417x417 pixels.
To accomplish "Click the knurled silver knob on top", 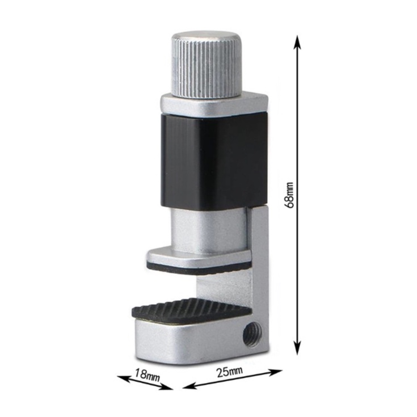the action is tap(207, 65).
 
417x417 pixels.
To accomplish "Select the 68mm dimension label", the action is tap(289, 195).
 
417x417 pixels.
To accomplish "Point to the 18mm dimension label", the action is tap(148, 374).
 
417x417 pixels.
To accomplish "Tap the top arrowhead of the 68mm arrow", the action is tap(298, 43).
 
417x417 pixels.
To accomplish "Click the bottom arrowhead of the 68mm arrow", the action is tap(298, 347).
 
